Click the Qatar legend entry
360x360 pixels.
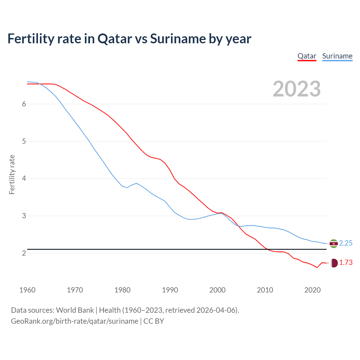(x=307, y=56)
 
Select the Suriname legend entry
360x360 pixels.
(x=337, y=56)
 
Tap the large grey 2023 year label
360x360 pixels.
(x=297, y=89)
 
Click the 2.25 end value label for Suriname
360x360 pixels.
(x=346, y=243)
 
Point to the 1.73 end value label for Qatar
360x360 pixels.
(x=346, y=263)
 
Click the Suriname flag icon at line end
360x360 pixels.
(x=334, y=244)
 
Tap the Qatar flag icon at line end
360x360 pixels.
(x=334, y=263)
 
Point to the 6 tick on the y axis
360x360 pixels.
(x=24, y=104)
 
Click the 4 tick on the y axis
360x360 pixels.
(x=24, y=179)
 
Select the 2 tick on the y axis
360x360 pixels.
(x=24, y=253)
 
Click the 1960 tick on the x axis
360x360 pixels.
(x=27, y=290)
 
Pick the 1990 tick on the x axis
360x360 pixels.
(x=170, y=290)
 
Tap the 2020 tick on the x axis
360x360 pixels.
(x=312, y=290)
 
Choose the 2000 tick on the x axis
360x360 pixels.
(x=217, y=290)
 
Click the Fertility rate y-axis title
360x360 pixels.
(x=12, y=174)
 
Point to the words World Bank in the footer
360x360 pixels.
(x=75, y=310)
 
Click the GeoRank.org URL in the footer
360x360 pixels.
(x=75, y=321)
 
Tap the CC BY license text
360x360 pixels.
(x=154, y=321)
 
